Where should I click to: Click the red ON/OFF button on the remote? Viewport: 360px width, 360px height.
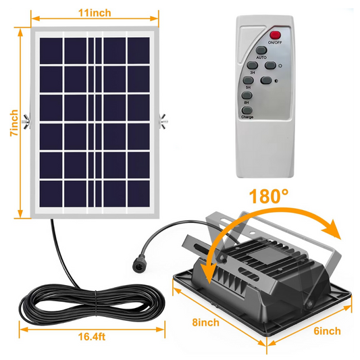point(275,35)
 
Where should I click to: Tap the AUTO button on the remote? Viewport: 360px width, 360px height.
point(261,50)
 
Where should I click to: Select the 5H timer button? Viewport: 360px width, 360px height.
point(248,80)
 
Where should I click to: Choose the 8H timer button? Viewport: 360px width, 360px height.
point(247,95)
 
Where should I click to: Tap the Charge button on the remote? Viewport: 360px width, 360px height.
point(247,110)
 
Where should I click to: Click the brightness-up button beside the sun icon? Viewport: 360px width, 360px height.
point(270,66)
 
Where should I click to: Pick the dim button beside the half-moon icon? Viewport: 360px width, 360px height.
point(266,80)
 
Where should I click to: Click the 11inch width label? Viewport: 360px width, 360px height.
point(95,13)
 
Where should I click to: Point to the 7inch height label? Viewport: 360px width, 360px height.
point(14,123)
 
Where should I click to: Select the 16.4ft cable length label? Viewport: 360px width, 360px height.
point(92,337)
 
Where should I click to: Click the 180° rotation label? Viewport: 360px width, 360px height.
point(269,196)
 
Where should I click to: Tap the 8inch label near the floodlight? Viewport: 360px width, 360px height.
point(206,323)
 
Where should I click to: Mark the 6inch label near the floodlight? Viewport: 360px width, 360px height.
point(327,331)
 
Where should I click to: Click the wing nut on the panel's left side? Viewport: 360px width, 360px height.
point(26,121)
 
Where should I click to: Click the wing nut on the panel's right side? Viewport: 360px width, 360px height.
point(163,121)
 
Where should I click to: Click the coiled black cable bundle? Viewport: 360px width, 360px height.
point(92,303)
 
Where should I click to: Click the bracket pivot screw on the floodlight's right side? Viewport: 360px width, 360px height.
point(310,304)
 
